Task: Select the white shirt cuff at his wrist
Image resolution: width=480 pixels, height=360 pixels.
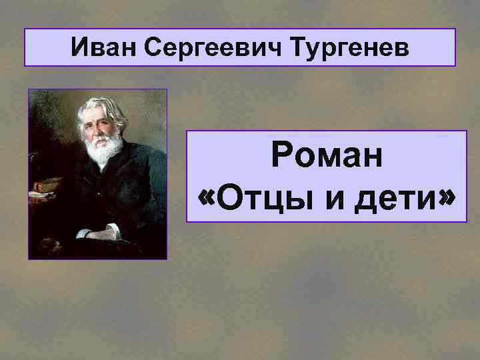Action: pos(83,234)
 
